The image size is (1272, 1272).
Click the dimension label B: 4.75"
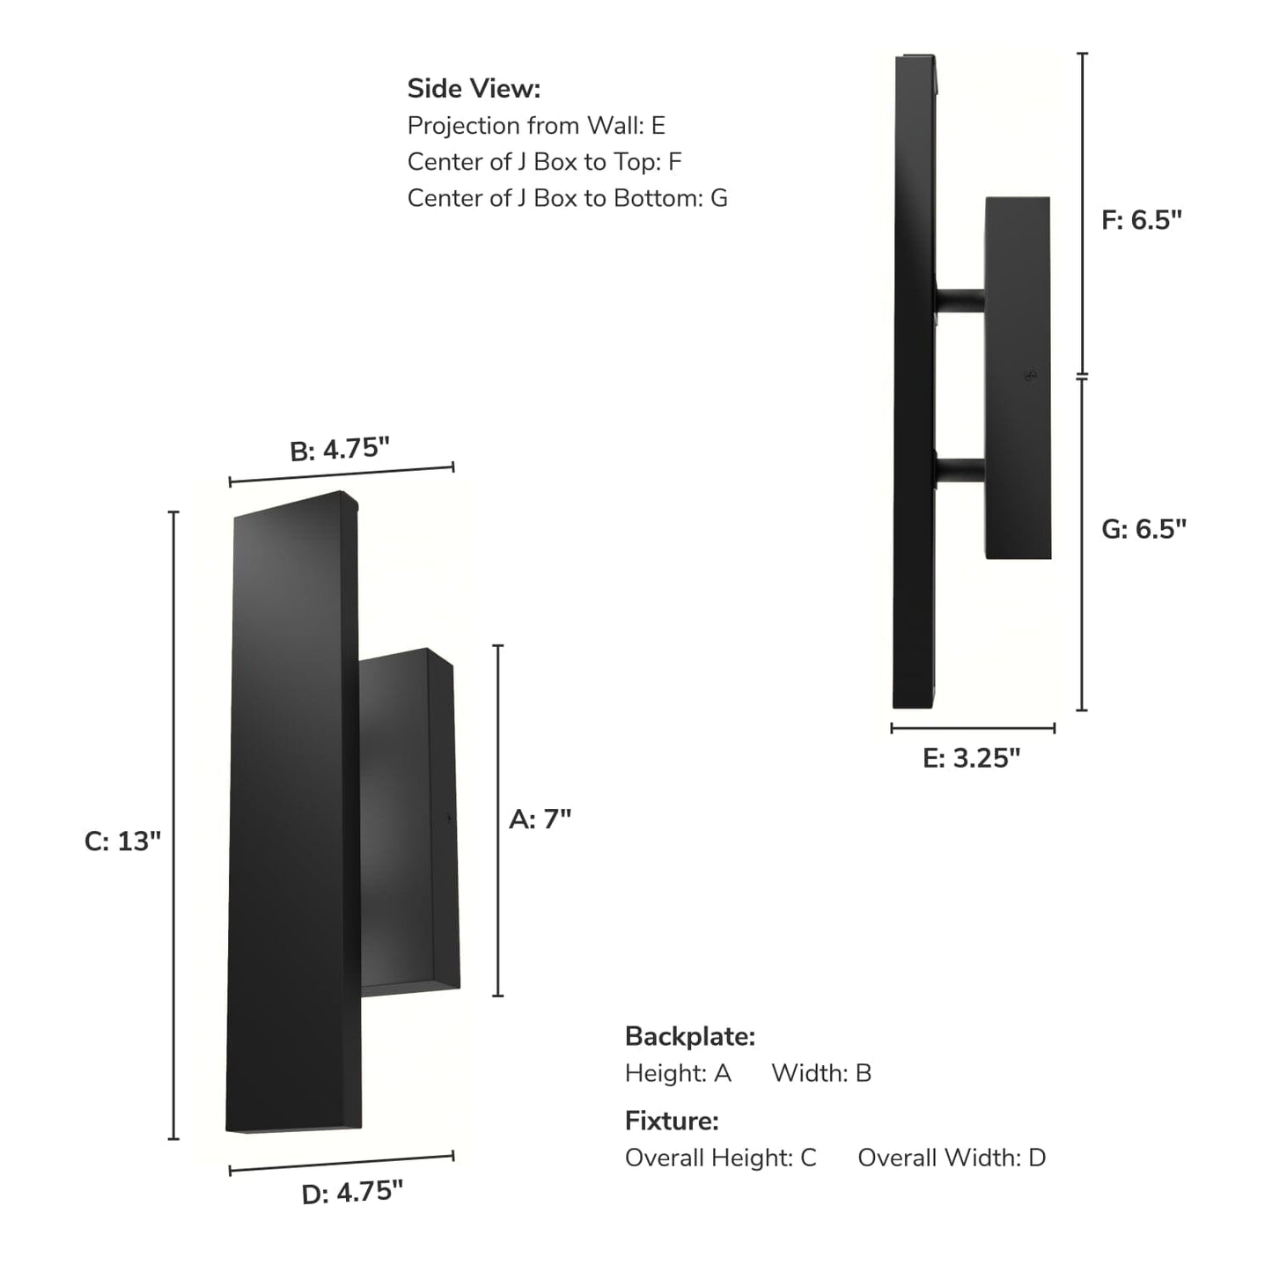(x=340, y=449)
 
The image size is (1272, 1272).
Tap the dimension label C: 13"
(x=122, y=842)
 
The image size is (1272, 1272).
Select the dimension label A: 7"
(x=540, y=820)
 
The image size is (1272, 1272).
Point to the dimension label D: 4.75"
(x=352, y=1193)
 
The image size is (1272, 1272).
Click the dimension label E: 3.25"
(x=971, y=758)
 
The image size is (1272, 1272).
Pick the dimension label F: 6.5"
(x=1141, y=220)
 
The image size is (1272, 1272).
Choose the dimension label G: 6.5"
(x=1143, y=529)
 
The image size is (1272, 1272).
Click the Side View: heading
(x=474, y=89)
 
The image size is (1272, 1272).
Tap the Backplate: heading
(x=690, y=1037)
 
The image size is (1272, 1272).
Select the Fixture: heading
(x=672, y=1121)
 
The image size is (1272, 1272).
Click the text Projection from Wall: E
(x=536, y=126)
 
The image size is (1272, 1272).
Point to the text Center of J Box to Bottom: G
(x=567, y=198)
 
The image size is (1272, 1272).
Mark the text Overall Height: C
(x=720, y=1158)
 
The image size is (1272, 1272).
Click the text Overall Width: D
(x=952, y=1158)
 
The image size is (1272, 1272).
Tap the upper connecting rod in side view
(x=960, y=301)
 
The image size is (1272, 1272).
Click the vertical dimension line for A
(x=498, y=820)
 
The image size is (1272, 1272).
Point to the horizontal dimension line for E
(x=973, y=728)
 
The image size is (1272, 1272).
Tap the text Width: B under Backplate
(x=821, y=1073)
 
